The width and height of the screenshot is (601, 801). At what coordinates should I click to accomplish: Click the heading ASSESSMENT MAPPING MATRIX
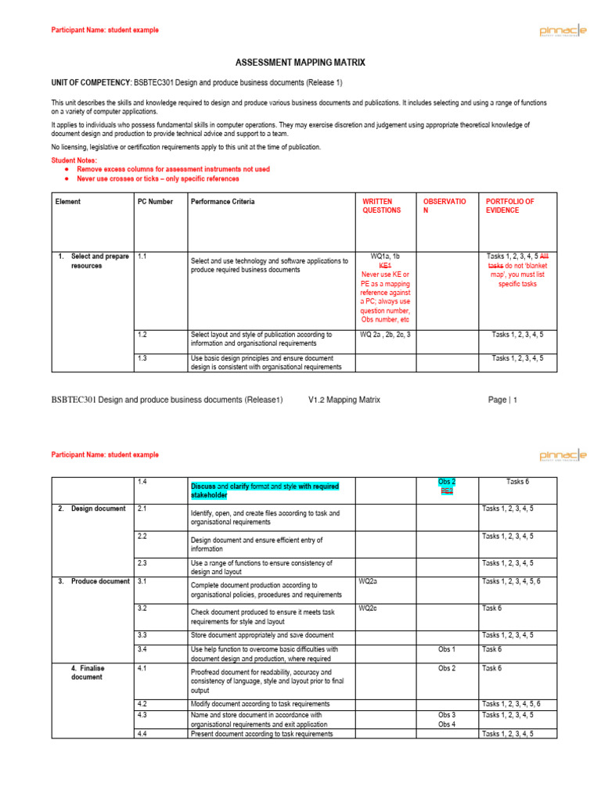pyautogui.click(x=300, y=62)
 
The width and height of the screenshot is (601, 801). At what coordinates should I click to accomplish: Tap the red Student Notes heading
pyautogui.click(x=74, y=160)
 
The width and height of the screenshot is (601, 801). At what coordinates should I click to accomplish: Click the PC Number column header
pyautogui.click(x=155, y=202)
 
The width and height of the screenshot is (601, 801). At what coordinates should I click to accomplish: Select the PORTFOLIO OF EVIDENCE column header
pyautogui.click(x=510, y=206)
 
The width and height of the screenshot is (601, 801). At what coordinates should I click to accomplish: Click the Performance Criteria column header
pyautogui.click(x=222, y=202)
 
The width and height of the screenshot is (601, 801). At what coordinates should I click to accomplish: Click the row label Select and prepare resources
pyautogui.click(x=94, y=261)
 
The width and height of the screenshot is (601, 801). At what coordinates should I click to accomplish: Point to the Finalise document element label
pyautogui.click(x=88, y=673)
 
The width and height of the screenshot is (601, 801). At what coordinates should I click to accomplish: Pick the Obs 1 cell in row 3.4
pyautogui.click(x=447, y=649)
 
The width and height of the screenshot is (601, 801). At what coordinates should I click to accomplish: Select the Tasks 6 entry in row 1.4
pyautogui.click(x=517, y=482)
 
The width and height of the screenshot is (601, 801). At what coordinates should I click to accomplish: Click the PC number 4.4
pyautogui.click(x=142, y=734)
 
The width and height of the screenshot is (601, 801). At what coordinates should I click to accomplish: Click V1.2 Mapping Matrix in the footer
pyautogui.click(x=344, y=400)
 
